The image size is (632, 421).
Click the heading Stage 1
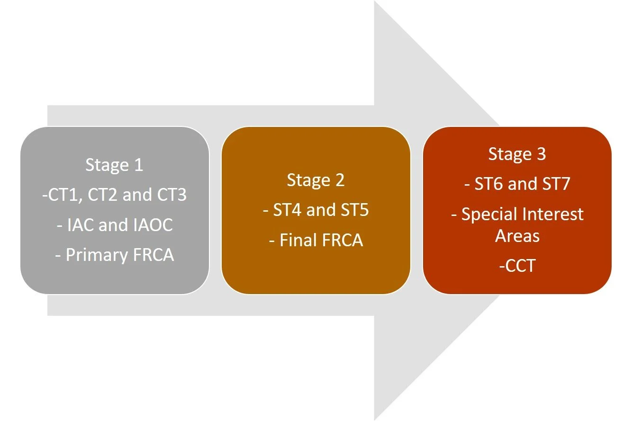114,165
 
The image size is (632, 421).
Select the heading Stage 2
316,180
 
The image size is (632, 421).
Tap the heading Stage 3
517,154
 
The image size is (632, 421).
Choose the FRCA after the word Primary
153,255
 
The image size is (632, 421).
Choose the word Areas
517,235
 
